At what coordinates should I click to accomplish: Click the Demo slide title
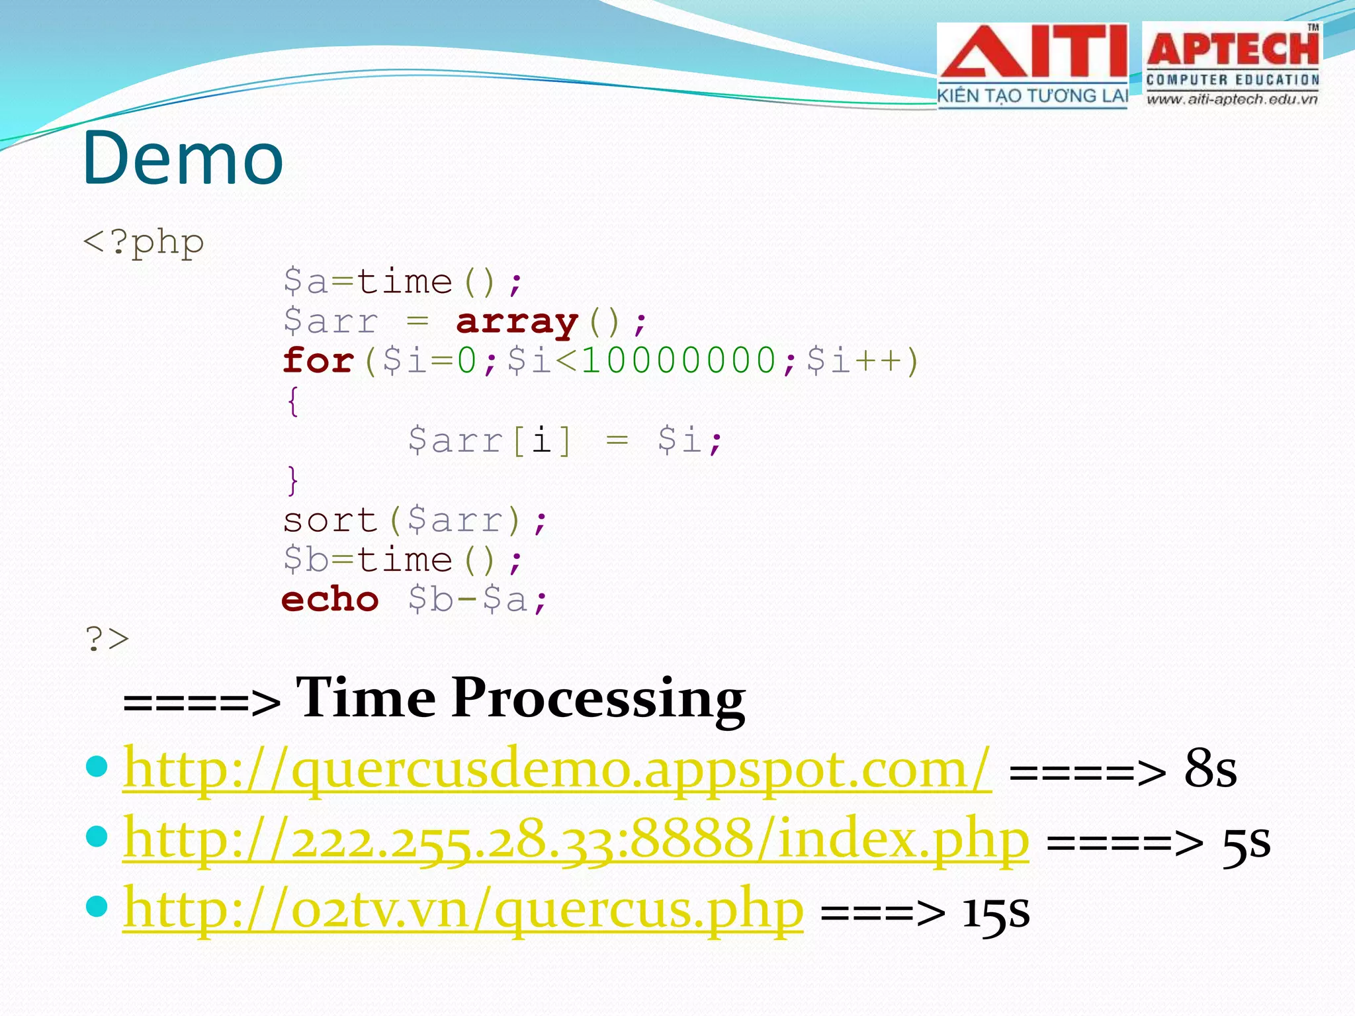point(183,159)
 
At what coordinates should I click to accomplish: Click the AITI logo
point(1033,65)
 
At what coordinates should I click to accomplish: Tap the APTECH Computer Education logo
point(1232,65)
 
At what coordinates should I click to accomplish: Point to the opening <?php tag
point(144,243)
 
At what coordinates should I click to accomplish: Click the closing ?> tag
point(107,639)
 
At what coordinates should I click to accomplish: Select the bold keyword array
point(517,322)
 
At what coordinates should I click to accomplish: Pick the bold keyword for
point(318,361)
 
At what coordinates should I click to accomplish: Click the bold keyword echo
point(329,599)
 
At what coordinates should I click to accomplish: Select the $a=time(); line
point(402,282)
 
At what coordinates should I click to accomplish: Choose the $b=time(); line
point(402,560)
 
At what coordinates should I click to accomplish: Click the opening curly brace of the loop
point(292,402)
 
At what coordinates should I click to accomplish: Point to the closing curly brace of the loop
point(292,481)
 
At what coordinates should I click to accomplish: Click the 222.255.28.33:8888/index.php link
point(576,839)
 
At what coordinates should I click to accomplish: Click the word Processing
point(599,699)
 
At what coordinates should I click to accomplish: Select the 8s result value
point(1210,769)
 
